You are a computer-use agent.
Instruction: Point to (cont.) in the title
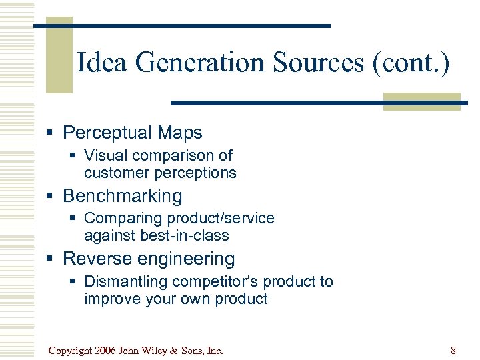tap(411, 63)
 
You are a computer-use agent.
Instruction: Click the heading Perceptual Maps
tap(132, 133)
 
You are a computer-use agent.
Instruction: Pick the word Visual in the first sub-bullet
tap(105, 155)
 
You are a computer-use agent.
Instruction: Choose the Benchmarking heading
tap(122, 196)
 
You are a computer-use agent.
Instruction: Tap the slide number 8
tap(453, 350)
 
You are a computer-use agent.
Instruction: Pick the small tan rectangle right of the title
tap(421, 101)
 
